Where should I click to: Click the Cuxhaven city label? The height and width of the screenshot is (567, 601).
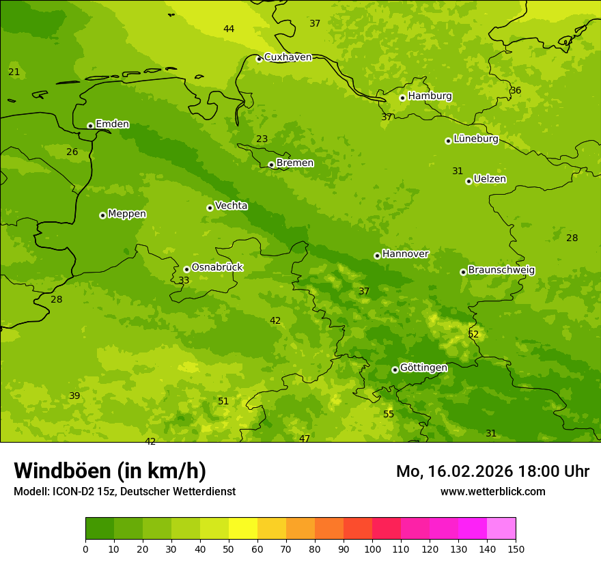click(x=288, y=57)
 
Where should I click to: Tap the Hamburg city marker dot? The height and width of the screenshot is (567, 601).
click(x=402, y=98)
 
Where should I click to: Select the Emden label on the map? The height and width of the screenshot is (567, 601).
click(x=112, y=124)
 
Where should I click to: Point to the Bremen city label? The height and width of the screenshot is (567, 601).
click(x=294, y=163)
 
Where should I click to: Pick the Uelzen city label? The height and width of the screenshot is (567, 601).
click(x=490, y=179)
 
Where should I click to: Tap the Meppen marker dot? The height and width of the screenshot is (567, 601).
click(x=102, y=215)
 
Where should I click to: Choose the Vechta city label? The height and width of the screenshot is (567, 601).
click(x=231, y=206)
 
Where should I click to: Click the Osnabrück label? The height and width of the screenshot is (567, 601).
click(x=216, y=267)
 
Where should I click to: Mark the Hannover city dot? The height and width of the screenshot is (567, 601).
click(x=377, y=255)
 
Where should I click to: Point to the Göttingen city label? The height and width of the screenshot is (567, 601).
click(x=423, y=368)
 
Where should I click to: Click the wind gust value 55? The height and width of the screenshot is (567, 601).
click(x=389, y=415)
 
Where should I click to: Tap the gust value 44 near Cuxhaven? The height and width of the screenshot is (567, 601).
click(x=229, y=29)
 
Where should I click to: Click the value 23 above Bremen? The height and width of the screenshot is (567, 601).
click(x=262, y=139)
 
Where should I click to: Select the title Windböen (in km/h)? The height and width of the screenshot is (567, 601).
click(x=110, y=471)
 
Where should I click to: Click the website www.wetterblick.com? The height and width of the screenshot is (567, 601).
click(x=492, y=491)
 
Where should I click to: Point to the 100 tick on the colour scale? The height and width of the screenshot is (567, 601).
click(x=372, y=548)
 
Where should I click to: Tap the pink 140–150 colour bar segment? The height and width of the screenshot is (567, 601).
click(x=501, y=529)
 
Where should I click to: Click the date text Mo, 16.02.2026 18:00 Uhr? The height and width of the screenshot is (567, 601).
click(x=492, y=471)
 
